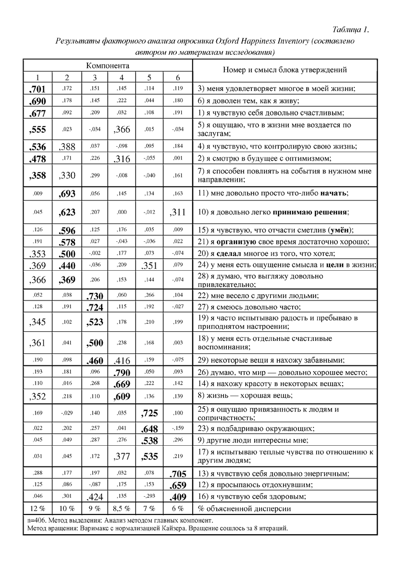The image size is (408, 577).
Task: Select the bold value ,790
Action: pos(122,372)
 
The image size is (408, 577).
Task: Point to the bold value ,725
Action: pos(149,413)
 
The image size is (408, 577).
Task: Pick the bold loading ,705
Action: pos(177,474)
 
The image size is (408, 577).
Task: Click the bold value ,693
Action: pos(67,193)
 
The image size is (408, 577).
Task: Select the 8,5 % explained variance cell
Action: pos(122,508)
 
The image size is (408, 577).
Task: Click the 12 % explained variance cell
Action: pos(37,508)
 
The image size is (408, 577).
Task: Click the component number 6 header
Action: pos(178,77)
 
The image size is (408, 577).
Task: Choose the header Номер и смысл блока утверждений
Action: pos(284,70)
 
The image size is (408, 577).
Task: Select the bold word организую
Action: pos(237,242)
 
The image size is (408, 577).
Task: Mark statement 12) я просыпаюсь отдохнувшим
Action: pos(255,485)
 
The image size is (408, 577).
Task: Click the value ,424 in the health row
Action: pos(94,497)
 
